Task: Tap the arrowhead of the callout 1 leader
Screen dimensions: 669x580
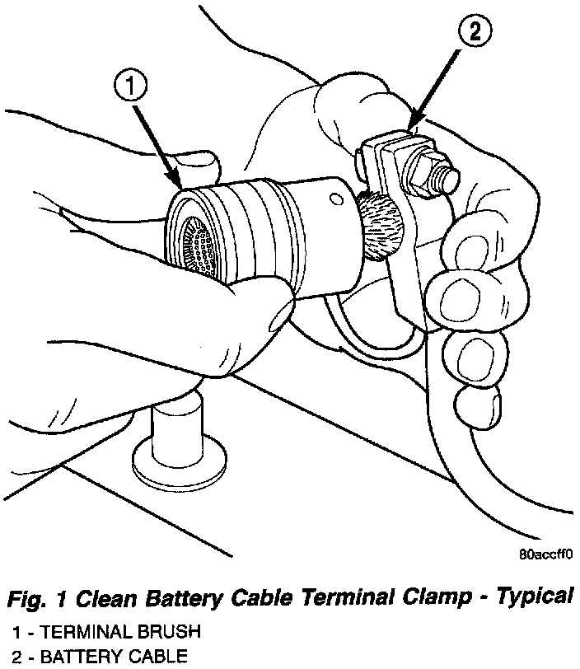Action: click(176, 183)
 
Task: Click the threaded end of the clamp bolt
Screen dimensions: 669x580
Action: click(448, 177)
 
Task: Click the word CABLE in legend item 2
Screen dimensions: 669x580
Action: click(156, 657)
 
